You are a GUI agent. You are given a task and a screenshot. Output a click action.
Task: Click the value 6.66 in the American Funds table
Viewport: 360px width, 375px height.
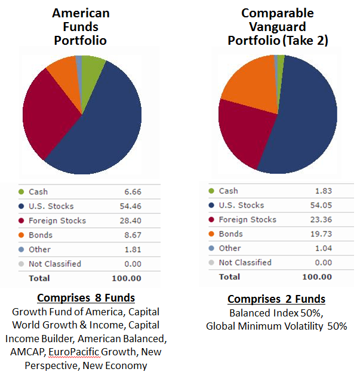[131, 192]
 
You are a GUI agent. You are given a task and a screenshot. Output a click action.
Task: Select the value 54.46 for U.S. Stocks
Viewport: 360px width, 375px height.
[129, 206]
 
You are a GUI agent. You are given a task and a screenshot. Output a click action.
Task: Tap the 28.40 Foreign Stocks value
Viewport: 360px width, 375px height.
[129, 220]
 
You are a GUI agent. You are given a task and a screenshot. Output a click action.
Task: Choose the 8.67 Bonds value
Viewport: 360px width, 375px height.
[131, 235]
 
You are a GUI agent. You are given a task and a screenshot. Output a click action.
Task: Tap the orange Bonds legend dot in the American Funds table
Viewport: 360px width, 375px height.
[22, 235]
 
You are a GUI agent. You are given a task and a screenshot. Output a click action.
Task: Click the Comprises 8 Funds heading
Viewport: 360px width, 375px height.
[86, 298]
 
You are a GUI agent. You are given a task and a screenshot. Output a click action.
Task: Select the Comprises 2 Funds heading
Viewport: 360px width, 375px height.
[276, 299]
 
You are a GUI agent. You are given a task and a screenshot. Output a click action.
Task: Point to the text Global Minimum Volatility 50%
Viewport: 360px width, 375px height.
[276, 326]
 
